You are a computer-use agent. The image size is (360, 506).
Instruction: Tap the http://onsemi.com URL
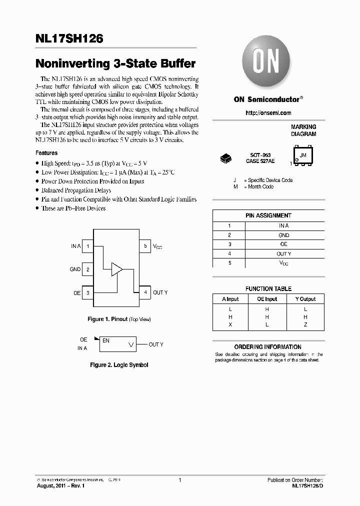[x=268, y=113]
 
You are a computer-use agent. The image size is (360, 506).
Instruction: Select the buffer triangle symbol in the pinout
[x=116, y=269]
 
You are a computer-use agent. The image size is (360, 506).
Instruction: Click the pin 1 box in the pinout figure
[x=87, y=246]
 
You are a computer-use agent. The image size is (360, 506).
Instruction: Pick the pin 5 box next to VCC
[x=145, y=246]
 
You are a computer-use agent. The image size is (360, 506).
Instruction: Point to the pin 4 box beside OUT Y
[x=145, y=292]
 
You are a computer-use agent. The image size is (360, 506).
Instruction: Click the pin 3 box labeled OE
[x=87, y=292]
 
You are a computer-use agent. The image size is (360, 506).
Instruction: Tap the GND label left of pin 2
[x=75, y=269]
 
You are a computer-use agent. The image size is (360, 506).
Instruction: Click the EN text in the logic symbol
[x=106, y=340]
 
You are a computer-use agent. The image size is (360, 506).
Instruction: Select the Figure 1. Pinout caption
[x=119, y=319]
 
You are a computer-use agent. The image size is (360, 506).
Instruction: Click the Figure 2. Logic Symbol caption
[x=119, y=365]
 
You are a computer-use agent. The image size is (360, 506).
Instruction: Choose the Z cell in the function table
[x=305, y=324]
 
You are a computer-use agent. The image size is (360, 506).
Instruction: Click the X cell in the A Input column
[x=230, y=324]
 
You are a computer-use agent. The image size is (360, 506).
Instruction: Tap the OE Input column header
[x=267, y=299]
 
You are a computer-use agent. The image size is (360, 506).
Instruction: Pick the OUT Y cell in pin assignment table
[x=283, y=253]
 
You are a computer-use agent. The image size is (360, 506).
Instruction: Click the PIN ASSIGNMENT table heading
[x=268, y=215]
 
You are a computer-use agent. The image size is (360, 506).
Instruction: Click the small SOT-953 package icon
[x=226, y=159]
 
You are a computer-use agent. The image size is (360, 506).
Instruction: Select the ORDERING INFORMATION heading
[x=268, y=346]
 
